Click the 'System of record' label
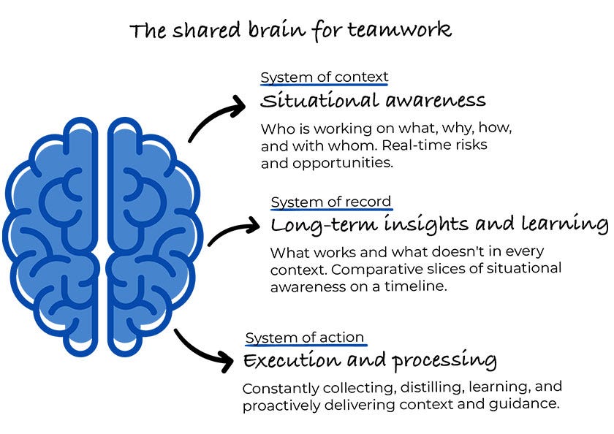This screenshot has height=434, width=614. [331, 202]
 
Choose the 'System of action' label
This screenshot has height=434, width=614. [305, 337]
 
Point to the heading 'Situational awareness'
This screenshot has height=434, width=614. [373, 99]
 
